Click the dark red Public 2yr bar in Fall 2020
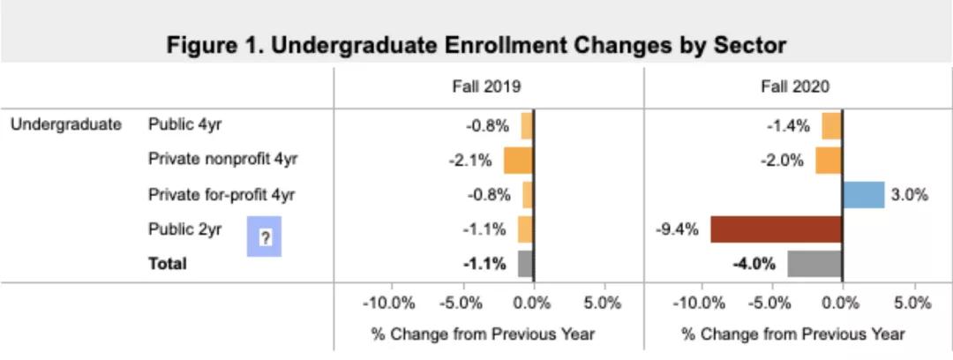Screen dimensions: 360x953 [x=776, y=229]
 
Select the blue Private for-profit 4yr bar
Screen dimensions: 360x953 [x=863, y=195]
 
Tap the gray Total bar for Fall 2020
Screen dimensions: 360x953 [x=814, y=264]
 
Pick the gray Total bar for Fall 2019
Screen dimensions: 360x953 [x=525, y=264]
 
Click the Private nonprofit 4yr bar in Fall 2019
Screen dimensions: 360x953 [x=518, y=161]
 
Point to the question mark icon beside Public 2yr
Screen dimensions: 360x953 [x=264, y=236]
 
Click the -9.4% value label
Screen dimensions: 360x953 [x=677, y=230]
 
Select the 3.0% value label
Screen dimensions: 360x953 [x=909, y=195]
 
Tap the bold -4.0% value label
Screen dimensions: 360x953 [x=754, y=264]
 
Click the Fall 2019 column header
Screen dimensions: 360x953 [x=487, y=86]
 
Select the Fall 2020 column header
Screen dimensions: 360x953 [x=795, y=86]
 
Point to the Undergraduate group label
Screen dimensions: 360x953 [x=66, y=124]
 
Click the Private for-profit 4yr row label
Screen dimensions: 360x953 [x=221, y=195]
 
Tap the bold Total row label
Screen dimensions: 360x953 [x=168, y=264]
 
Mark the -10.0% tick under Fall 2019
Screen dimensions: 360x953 [x=389, y=304]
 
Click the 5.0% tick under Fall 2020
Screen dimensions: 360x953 [x=913, y=304]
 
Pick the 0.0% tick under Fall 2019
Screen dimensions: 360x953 [x=532, y=304]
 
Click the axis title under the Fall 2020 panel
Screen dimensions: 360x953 [x=793, y=334]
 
